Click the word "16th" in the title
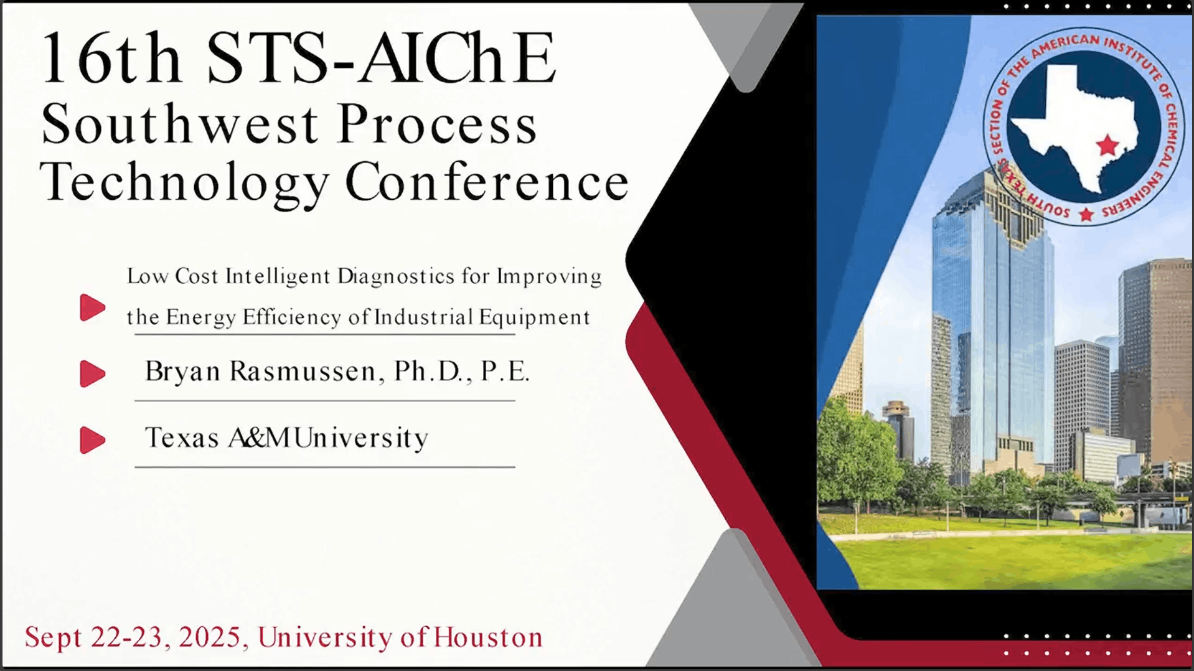pos(110,59)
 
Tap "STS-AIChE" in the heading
pos(380,59)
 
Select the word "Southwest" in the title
pos(180,124)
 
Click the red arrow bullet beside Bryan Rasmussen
pos(93,373)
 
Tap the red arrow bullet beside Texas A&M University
pos(93,440)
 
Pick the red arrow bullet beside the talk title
pos(93,307)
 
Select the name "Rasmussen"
pos(303,372)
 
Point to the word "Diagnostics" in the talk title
pos(396,276)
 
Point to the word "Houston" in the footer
pos(488,637)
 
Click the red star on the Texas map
pos(1107,146)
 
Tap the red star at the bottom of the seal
pos(1086,215)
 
